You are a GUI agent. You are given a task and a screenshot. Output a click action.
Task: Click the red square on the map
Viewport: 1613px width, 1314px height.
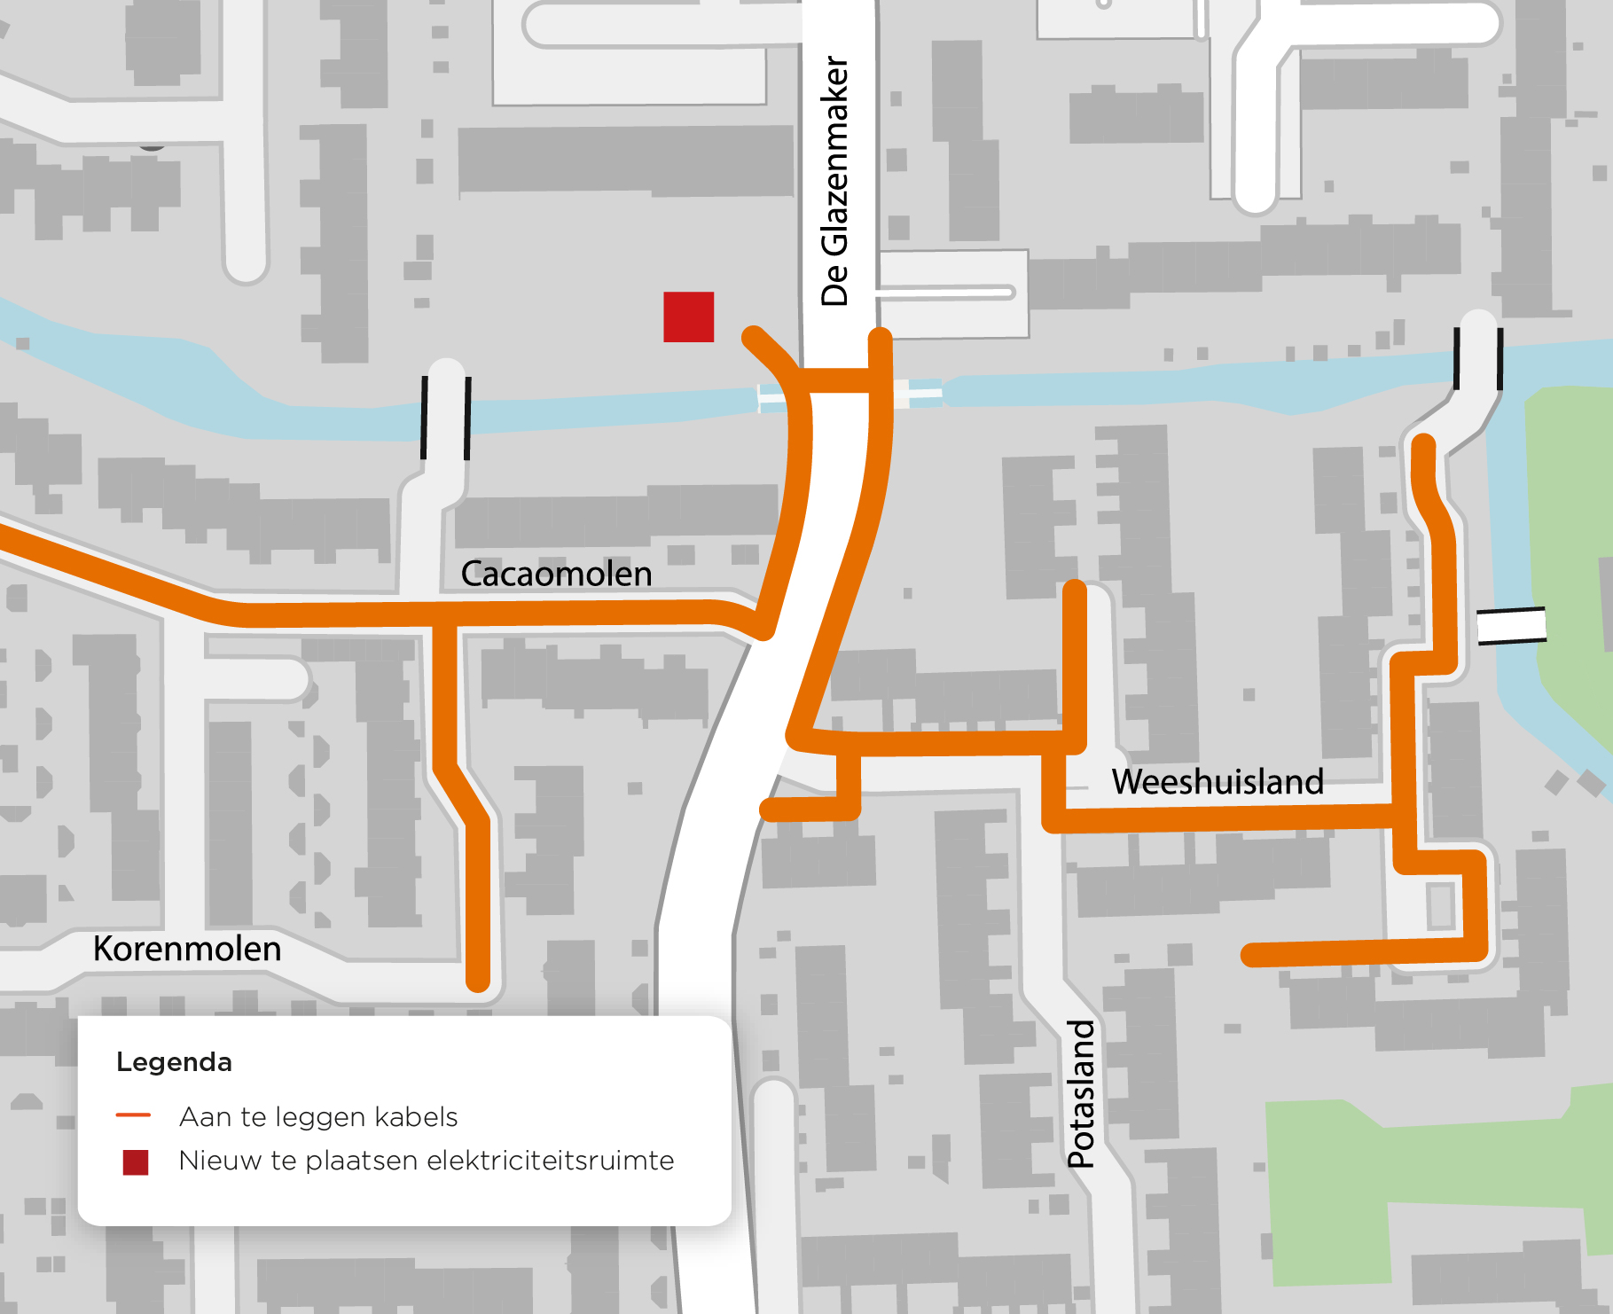tap(688, 317)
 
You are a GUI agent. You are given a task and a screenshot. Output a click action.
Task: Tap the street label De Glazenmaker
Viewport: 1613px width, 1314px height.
tap(834, 181)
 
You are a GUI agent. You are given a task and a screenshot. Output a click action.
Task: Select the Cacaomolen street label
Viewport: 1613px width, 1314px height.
tap(556, 574)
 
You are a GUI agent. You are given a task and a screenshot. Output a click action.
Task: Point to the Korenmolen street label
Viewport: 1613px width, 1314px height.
tap(187, 949)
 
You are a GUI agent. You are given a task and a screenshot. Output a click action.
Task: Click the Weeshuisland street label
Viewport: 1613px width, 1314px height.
tap(1217, 782)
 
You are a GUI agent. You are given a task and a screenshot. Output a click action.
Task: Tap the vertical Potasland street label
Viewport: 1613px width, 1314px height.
tap(1081, 1093)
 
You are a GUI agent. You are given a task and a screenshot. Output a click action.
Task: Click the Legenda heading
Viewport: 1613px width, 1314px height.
tap(174, 1062)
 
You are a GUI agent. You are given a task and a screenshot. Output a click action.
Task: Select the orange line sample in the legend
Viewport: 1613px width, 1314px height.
tap(133, 1115)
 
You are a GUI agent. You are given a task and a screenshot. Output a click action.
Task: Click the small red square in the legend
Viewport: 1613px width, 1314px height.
tap(136, 1161)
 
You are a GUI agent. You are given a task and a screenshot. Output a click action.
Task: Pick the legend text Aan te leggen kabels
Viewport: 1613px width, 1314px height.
tap(318, 1116)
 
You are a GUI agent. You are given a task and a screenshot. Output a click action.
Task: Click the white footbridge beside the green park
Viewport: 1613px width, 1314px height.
tap(1511, 625)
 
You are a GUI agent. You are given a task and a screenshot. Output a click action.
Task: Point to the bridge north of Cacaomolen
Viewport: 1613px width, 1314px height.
tap(446, 418)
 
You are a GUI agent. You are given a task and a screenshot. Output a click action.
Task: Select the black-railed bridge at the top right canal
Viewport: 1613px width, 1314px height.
tap(1478, 359)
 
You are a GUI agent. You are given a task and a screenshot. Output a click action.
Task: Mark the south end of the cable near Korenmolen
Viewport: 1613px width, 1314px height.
tap(478, 979)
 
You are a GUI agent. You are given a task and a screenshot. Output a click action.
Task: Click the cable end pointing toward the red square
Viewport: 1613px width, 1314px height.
tap(754, 337)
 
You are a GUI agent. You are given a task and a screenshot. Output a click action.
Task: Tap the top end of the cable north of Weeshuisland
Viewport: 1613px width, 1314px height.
tap(1074, 590)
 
